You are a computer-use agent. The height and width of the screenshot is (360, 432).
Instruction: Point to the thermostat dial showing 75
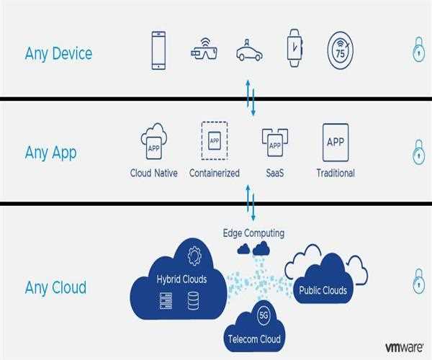(340, 50)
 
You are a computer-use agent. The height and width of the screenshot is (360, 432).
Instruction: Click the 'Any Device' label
(58, 53)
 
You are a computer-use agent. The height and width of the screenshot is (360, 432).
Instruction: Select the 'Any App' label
(50, 153)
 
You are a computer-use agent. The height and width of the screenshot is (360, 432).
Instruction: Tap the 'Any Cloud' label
(55, 287)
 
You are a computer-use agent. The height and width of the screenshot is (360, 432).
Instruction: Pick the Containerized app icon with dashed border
(214, 140)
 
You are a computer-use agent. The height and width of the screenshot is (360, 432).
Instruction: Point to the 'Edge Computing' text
(252, 233)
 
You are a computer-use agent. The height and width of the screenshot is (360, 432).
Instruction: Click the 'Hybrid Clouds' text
(181, 279)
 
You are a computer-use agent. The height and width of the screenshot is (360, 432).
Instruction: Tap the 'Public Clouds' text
(323, 291)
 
